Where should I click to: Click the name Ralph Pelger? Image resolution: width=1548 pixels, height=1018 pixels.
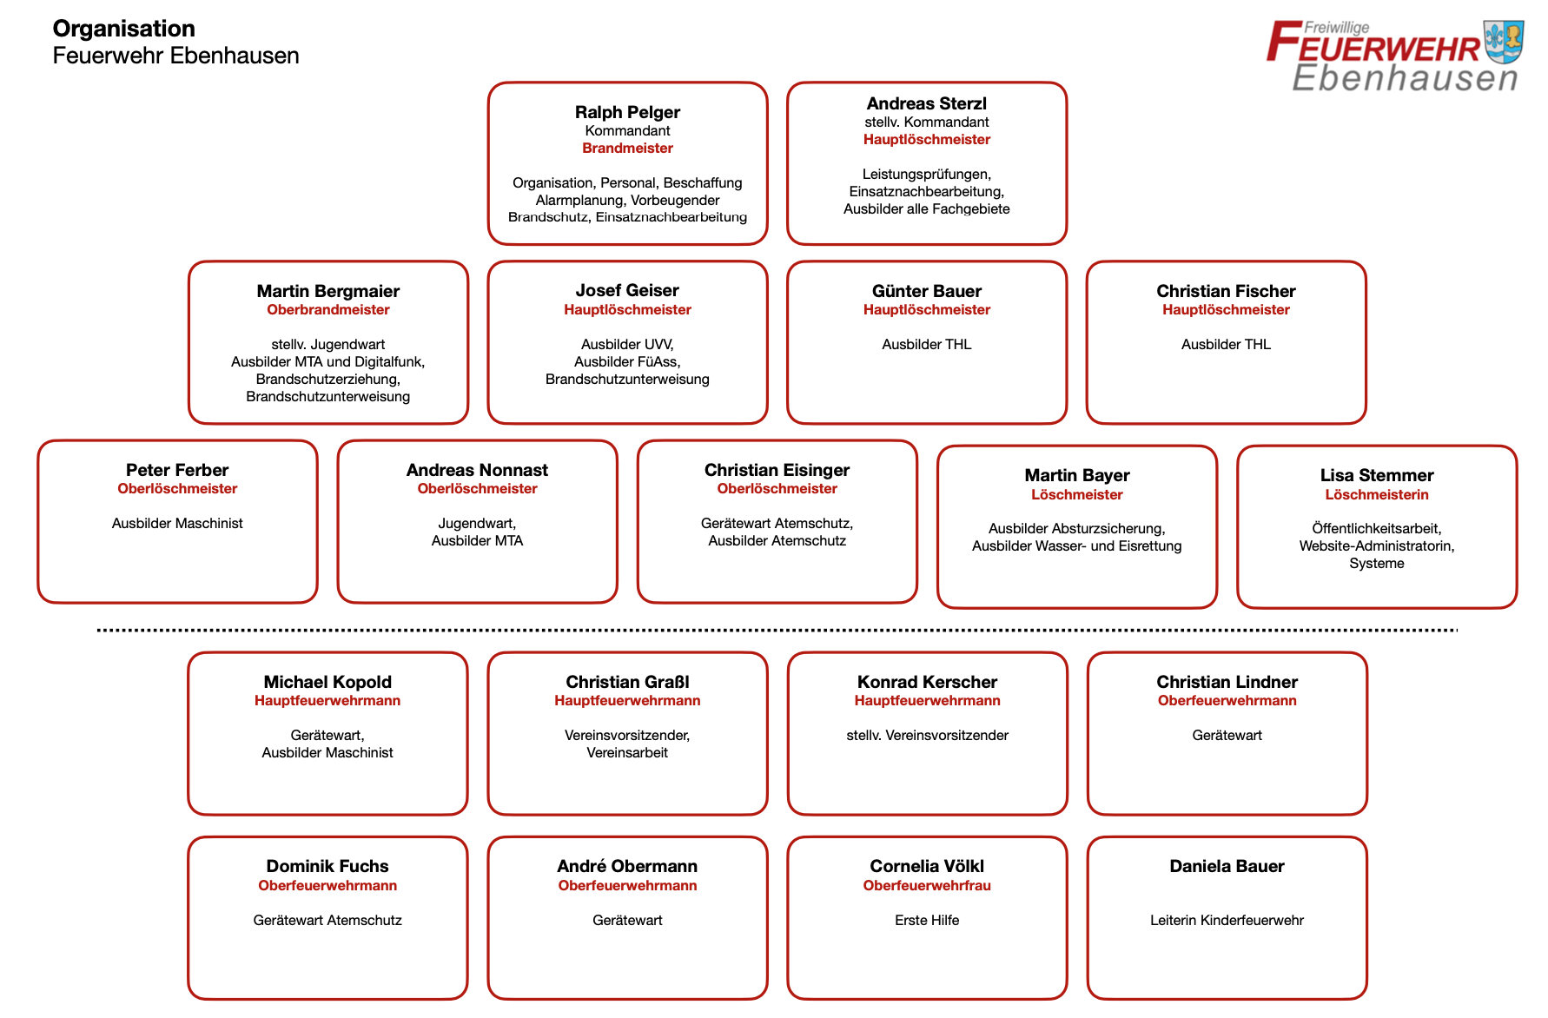coord(627,112)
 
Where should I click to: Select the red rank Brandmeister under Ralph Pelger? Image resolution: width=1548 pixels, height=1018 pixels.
coord(627,149)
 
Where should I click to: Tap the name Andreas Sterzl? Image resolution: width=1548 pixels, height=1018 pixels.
coord(926,103)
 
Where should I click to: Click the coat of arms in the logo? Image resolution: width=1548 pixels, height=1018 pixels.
coord(1504,42)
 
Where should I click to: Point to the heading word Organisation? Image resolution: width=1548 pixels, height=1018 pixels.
coord(124,29)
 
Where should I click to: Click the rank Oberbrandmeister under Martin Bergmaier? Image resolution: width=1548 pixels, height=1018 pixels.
coord(327,310)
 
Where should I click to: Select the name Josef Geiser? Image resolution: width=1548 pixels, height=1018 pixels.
coord(627,290)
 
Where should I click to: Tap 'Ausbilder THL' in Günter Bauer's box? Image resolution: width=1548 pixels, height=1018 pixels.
coord(926,345)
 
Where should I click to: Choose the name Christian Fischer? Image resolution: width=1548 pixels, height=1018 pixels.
coord(1226,291)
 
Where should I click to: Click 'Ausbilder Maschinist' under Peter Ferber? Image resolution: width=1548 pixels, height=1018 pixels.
coord(177,524)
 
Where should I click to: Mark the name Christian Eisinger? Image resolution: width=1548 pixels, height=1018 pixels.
coord(777,470)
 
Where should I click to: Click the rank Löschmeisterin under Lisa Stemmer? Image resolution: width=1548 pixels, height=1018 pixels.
coord(1376,495)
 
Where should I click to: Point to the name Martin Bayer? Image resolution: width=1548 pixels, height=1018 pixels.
coord(1076,475)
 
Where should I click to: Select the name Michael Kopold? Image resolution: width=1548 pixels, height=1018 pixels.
coord(327,682)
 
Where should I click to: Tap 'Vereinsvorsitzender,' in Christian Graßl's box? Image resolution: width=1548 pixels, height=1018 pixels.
coord(627,736)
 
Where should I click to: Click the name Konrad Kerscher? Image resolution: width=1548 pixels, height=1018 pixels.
coord(927,682)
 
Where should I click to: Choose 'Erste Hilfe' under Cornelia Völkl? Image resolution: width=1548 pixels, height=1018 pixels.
coord(927,921)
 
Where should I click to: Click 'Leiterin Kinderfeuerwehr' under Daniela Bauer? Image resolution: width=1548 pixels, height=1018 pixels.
coord(1227,921)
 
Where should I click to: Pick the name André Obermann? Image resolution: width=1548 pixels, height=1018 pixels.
coord(627,866)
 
